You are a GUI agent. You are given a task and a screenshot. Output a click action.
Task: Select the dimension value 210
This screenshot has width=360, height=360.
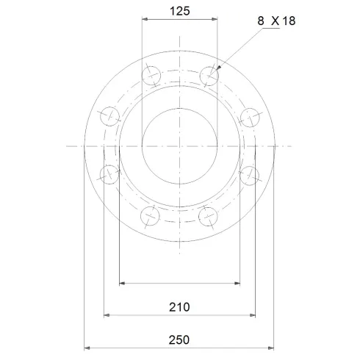[179, 306]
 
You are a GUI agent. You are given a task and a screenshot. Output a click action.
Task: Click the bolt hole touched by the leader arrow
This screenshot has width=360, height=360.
[209, 74]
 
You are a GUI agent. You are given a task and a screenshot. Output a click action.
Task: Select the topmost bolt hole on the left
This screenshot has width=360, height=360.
[150, 74]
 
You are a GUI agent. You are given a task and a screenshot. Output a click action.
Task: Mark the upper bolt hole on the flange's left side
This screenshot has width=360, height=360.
[109, 115]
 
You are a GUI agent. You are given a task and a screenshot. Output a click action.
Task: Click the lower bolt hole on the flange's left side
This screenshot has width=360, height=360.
[109, 174]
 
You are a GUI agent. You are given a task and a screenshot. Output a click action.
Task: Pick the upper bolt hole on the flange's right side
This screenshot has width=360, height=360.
[251, 115]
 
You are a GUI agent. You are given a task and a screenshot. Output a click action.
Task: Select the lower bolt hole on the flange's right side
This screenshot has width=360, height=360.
[251, 174]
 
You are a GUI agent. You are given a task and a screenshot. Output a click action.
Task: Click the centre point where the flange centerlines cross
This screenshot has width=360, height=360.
[179, 145]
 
